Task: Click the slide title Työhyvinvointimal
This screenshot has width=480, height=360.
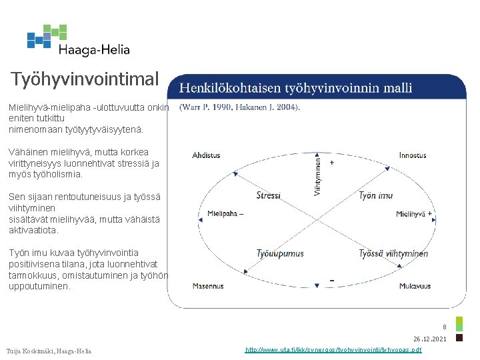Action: click(85, 79)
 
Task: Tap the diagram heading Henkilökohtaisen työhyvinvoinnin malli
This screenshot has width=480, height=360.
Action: click(296, 87)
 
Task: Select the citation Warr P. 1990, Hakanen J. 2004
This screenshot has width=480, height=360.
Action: click(240, 107)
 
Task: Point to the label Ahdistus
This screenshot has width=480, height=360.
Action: click(206, 155)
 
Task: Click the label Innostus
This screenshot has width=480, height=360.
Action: click(413, 155)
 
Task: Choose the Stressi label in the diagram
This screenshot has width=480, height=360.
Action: click(269, 195)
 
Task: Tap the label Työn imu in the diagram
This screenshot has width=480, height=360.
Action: click(376, 195)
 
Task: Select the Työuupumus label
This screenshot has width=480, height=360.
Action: click(280, 253)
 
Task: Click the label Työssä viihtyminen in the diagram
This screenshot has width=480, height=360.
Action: click(393, 253)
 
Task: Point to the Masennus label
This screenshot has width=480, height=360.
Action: click(208, 286)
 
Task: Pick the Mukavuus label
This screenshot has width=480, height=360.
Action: click(415, 286)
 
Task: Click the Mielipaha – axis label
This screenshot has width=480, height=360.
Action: click(225, 214)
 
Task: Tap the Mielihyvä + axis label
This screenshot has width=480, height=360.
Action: click(414, 214)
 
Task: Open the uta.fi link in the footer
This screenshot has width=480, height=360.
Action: click(333, 349)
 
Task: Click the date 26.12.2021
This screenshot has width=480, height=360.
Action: click(430, 339)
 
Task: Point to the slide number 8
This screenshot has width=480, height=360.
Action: click(445, 327)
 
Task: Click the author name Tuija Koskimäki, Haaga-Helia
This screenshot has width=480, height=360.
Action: click(49, 351)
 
